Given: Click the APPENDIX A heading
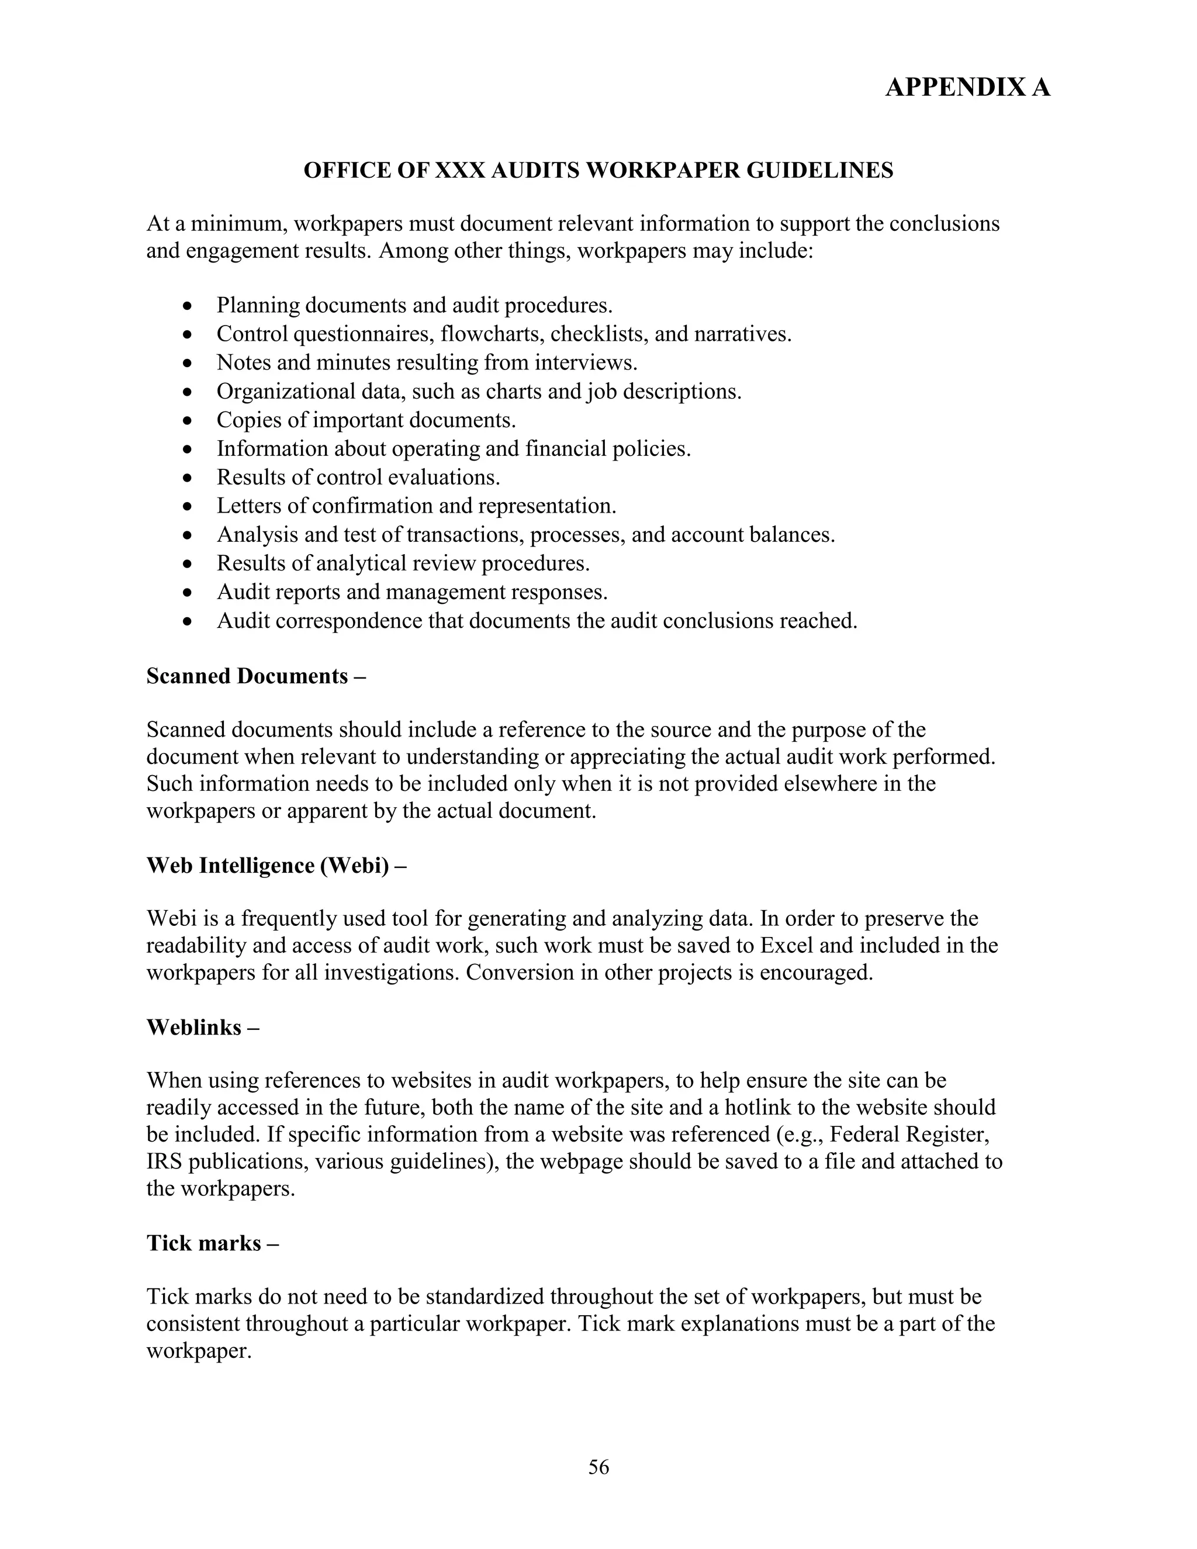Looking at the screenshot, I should (967, 87).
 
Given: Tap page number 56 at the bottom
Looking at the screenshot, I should (598, 1467).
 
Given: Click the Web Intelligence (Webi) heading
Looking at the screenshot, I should (276, 865).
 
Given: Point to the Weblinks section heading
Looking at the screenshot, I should (202, 1027).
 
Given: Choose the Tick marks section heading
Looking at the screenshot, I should (212, 1243).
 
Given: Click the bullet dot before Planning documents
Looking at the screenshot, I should (187, 306).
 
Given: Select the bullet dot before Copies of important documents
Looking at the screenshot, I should (187, 421).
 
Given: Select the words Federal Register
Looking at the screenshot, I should (909, 1134).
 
